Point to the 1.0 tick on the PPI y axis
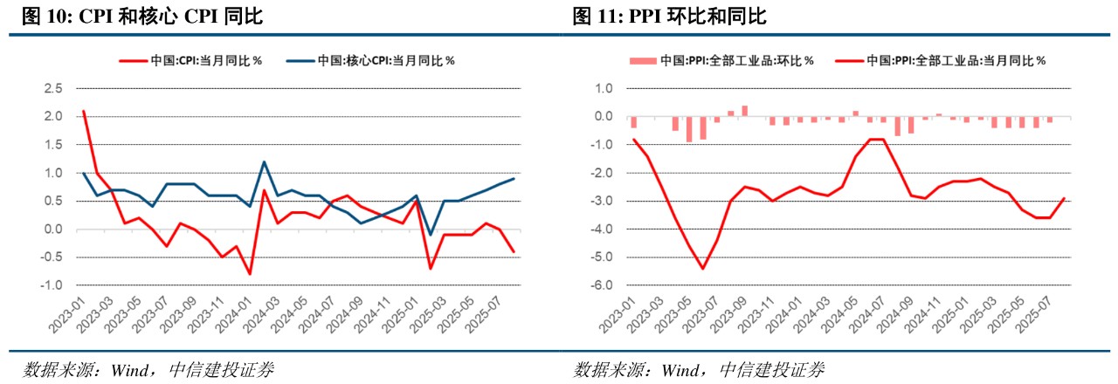pyautogui.click(x=606, y=88)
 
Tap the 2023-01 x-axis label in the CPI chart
pyautogui.click(x=66, y=315)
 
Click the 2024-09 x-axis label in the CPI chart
pyautogui.click(x=342, y=315)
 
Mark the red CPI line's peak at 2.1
pyautogui.click(x=83, y=111)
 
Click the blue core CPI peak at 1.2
pyautogui.click(x=264, y=161)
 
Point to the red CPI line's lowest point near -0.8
pyautogui.click(x=250, y=274)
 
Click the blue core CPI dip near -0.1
pyautogui.click(x=431, y=235)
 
